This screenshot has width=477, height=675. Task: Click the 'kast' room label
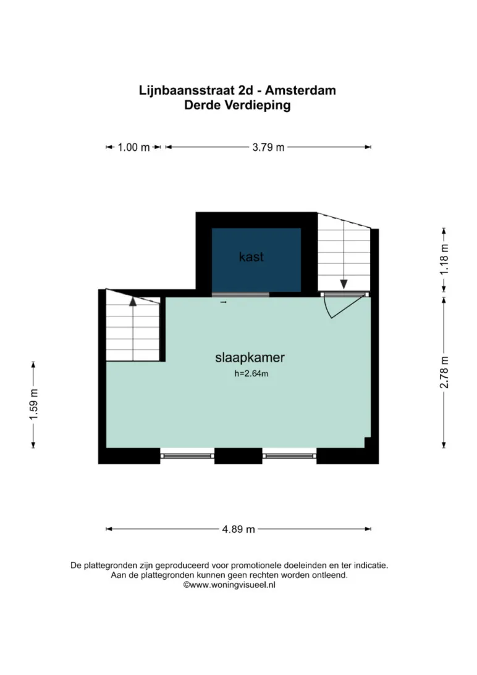click(x=251, y=257)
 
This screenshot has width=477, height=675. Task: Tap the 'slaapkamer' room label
click(x=250, y=357)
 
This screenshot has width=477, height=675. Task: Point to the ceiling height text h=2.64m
click(x=251, y=373)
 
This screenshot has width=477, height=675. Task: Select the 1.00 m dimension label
click(x=133, y=147)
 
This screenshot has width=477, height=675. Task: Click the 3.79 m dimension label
click(x=268, y=147)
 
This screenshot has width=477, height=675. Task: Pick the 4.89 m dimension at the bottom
click(x=238, y=529)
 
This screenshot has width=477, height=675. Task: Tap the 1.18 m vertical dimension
click(x=444, y=260)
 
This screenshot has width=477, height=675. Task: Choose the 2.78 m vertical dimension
click(x=444, y=372)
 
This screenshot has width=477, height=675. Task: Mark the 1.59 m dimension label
click(x=33, y=405)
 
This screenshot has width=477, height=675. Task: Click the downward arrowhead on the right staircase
click(x=344, y=284)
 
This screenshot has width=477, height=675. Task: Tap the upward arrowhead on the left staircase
click(x=133, y=302)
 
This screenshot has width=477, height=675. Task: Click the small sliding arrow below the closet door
click(x=223, y=302)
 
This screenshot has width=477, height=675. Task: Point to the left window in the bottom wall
click(x=187, y=456)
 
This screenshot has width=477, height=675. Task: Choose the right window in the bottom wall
click(x=289, y=456)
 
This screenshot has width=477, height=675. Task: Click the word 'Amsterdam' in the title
click(x=300, y=90)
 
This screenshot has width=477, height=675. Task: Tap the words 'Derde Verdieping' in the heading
click(x=237, y=105)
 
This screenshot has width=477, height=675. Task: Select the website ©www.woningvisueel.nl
click(x=229, y=585)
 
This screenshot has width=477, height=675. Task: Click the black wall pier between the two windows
click(x=238, y=456)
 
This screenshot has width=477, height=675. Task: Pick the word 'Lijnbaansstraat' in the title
click(x=187, y=90)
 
